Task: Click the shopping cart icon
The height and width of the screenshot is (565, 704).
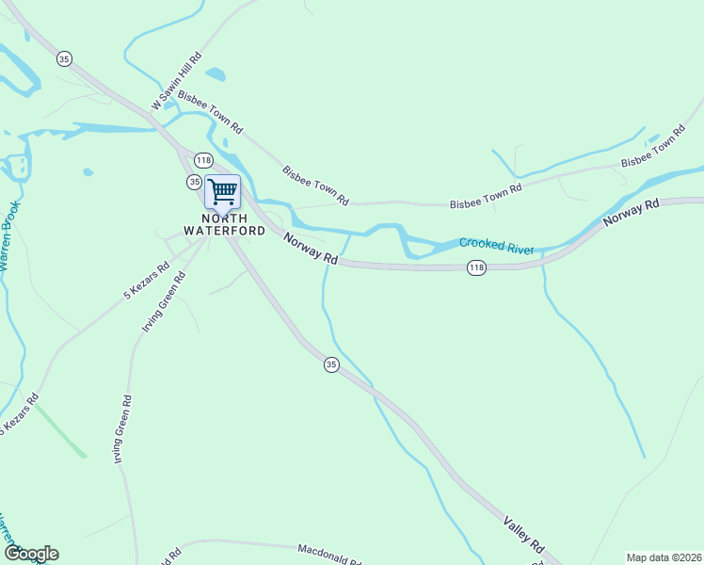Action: (222, 192)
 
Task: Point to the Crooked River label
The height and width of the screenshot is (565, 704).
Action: (496, 246)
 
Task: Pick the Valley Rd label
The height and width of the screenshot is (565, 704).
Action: (523, 534)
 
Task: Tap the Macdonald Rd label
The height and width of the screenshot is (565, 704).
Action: (329, 555)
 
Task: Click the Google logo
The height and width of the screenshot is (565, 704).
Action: (31, 554)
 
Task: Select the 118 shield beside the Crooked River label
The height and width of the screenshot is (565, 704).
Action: (476, 269)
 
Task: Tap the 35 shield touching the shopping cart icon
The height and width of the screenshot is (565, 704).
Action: (194, 182)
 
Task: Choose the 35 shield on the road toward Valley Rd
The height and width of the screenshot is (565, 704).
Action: (330, 364)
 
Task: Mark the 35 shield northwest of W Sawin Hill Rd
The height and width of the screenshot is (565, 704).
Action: (64, 58)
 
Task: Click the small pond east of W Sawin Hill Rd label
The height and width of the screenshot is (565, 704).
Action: (216, 73)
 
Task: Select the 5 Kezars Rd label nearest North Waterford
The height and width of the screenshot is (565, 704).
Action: (146, 281)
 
